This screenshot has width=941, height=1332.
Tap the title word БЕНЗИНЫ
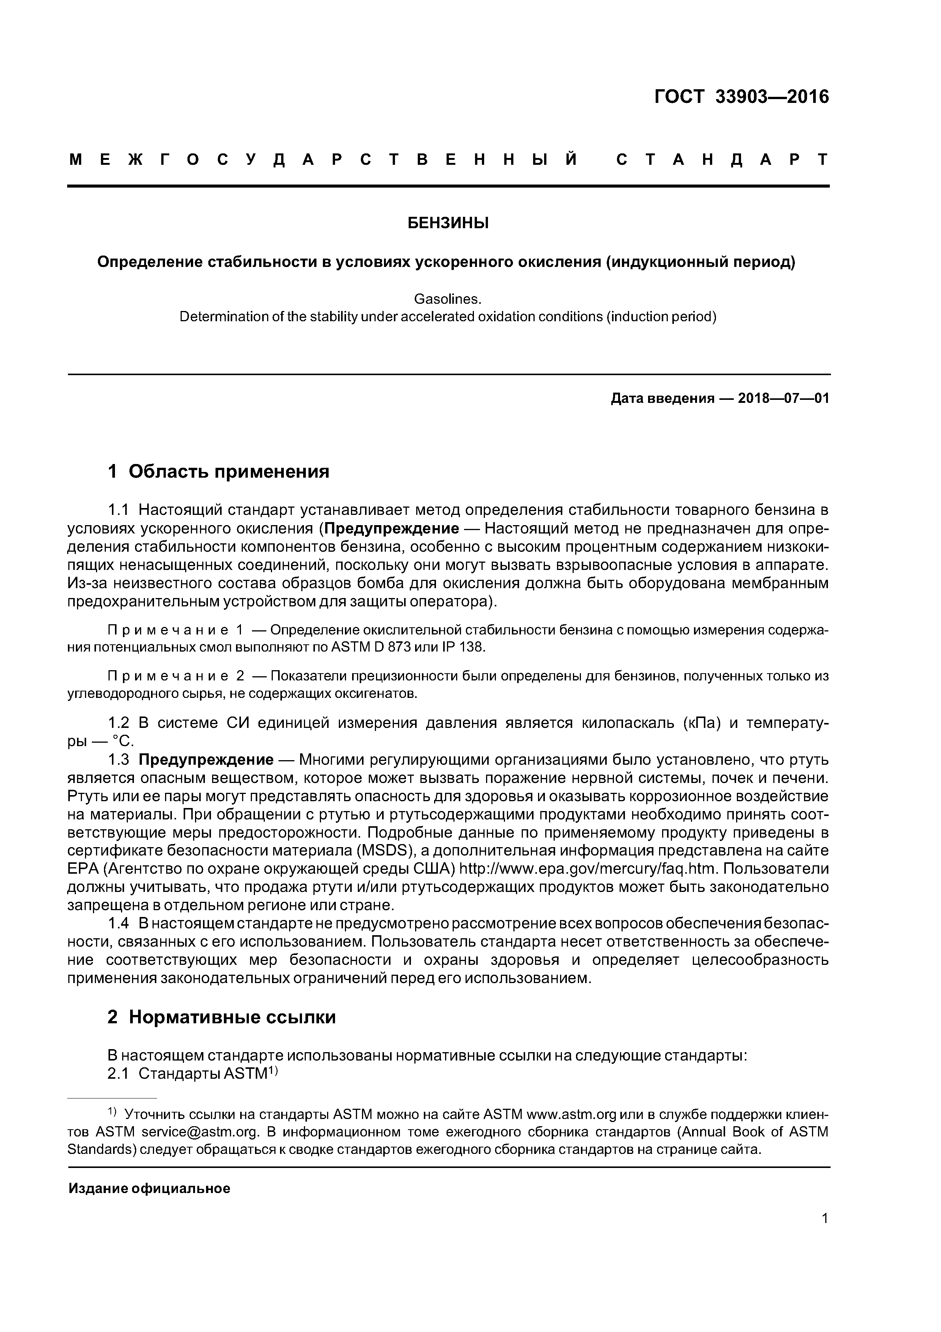coord(448,223)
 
